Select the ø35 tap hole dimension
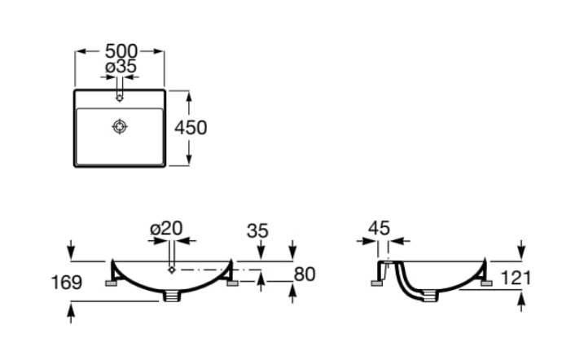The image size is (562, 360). (x=121, y=67)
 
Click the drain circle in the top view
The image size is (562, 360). (x=120, y=126)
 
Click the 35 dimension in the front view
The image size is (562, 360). (x=257, y=230)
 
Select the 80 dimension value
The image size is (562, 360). (x=304, y=274)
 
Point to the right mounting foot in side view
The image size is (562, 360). (x=487, y=283)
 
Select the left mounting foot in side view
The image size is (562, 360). (x=379, y=283)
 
